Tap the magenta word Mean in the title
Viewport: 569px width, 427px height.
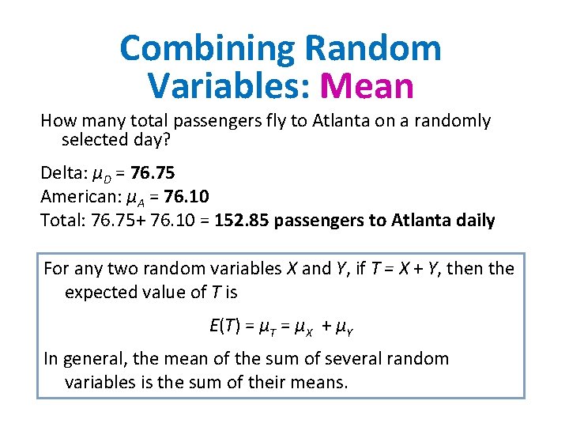pos(369,85)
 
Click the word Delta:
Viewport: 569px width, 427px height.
pos(63,172)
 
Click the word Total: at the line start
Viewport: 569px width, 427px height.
pos(62,220)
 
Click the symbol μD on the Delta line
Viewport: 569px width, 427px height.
pos(100,174)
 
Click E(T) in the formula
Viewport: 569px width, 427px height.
pos(225,325)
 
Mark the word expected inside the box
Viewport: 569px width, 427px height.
pos(101,293)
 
